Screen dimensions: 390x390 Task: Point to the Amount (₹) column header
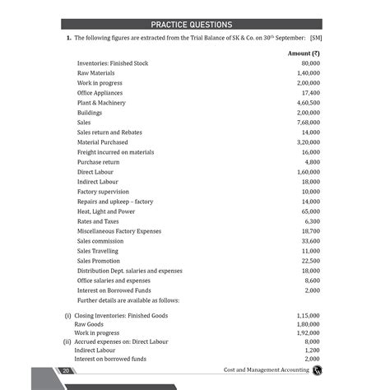pyautogui.click(x=304, y=53)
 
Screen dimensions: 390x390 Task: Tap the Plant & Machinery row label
pyautogui.click(x=101, y=103)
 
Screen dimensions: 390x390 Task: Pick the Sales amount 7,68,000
pyautogui.click(x=309, y=123)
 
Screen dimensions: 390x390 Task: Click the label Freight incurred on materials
pyautogui.click(x=115, y=152)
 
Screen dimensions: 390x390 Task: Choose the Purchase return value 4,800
pyautogui.click(x=312, y=162)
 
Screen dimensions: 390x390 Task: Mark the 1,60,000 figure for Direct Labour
pyautogui.click(x=309, y=172)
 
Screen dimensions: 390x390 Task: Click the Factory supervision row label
pyautogui.click(x=103, y=192)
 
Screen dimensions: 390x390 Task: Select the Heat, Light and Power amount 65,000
pyautogui.click(x=310, y=211)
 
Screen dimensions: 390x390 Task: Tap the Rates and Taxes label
pyautogui.click(x=98, y=221)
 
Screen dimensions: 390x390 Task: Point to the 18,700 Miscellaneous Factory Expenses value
pyautogui.click(x=310, y=231)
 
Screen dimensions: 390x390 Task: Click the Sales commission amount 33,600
pyautogui.click(x=310, y=241)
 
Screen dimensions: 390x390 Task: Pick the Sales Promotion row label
pyautogui.click(x=98, y=261)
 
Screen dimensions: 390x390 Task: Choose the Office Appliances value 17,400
pyautogui.click(x=310, y=93)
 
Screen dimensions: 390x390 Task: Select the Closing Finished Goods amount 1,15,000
pyautogui.click(x=309, y=315)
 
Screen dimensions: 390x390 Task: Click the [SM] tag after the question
pyautogui.click(x=316, y=39)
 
